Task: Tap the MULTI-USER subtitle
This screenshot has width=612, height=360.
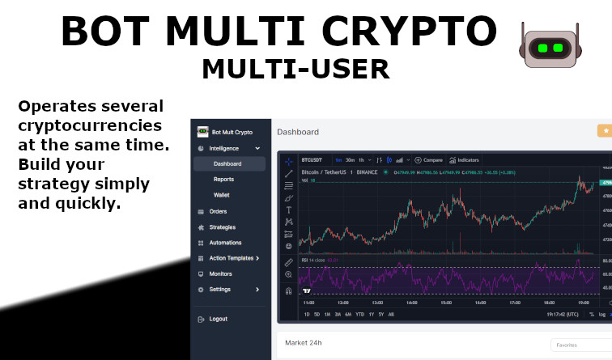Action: click(295, 69)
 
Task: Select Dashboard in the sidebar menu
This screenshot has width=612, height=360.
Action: click(227, 164)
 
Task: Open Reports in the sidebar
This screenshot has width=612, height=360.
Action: click(223, 180)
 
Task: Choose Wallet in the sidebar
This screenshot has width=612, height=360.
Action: click(222, 195)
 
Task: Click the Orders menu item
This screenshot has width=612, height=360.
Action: click(218, 212)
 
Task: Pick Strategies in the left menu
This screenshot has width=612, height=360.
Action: click(222, 227)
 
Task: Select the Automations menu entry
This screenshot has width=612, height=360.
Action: click(225, 243)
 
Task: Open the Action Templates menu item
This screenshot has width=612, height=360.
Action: click(232, 258)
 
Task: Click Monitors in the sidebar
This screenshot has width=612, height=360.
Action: click(220, 273)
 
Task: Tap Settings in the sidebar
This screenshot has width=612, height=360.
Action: click(220, 289)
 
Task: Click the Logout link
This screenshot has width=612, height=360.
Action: click(218, 319)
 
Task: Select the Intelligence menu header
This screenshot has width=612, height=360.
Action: click(224, 149)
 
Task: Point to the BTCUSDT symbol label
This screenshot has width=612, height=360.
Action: click(312, 160)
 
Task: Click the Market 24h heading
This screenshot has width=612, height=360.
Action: click(304, 343)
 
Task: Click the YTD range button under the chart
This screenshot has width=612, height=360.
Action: click(359, 314)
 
